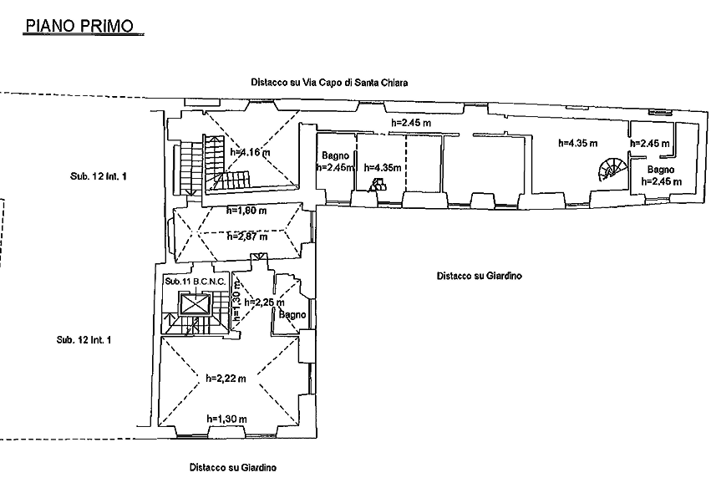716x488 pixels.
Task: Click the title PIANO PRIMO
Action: pyautogui.click(x=81, y=27)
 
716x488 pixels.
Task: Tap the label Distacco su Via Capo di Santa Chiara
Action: pyautogui.click(x=329, y=82)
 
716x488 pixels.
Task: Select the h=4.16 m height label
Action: pyautogui.click(x=248, y=152)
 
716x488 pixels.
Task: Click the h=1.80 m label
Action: pyautogui.click(x=246, y=211)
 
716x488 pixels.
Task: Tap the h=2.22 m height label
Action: pyautogui.click(x=226, y=378)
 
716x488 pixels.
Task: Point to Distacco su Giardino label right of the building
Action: pyautogui.click(x=479, y=276)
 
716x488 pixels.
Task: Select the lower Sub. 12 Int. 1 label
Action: pyautogui.click(x=84, y=340)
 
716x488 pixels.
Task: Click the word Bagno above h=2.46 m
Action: pyautogui.click(x=334, y=155)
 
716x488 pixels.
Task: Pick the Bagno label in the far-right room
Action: pyautogui.click(x=654, y=170)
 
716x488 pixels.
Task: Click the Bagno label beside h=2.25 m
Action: pyautogui.click(x=293, y=315)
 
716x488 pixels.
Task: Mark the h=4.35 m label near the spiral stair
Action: pyautogui.click(x=578, y=144)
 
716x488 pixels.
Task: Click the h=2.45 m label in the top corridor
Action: pyautogui.click(x=411, y=124)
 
